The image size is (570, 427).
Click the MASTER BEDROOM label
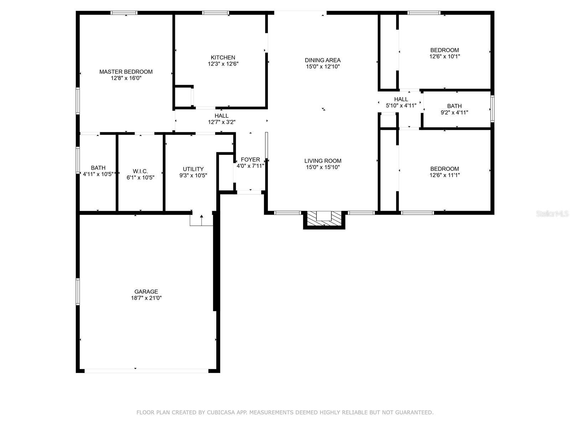(126, 72)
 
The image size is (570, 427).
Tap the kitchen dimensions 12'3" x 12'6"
(223, 64)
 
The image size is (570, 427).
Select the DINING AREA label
(322, 60)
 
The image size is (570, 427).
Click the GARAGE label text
(146, 291)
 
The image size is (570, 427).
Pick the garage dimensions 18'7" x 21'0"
(146, 298)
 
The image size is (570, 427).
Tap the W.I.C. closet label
(140, 171)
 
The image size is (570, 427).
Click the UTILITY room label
(193, 169)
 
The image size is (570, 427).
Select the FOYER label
(250, 159)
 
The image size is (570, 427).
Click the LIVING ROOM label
(323, 160)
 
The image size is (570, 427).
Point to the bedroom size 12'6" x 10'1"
(445, 56)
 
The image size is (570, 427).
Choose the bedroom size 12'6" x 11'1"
(445, 175)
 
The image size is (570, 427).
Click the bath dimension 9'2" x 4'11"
(454, 112)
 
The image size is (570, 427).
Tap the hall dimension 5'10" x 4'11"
(401, 105)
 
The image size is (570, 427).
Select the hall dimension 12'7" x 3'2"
(222, 122)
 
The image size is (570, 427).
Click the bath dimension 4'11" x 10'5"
(98, 174)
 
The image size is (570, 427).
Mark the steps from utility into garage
(201, 220)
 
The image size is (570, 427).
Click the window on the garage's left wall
(78, 291)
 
